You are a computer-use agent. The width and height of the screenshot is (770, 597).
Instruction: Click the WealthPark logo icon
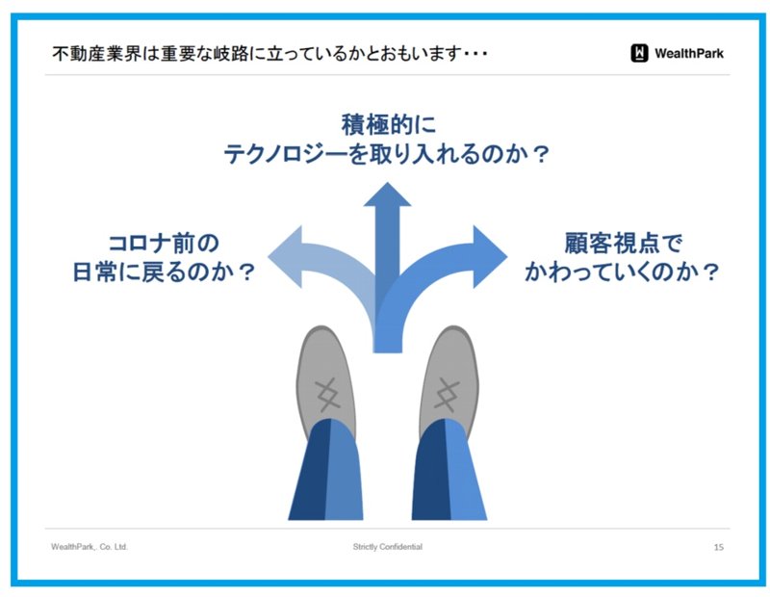639,53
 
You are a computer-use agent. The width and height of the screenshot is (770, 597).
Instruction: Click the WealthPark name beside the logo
689,53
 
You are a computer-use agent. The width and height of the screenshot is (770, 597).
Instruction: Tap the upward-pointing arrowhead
387,195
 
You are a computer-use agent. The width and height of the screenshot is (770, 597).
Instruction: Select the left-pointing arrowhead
285,256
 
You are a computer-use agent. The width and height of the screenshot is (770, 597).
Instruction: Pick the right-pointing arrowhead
490,256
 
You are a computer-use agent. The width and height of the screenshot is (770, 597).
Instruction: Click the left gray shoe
325,378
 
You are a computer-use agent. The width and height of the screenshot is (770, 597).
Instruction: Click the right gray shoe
449,378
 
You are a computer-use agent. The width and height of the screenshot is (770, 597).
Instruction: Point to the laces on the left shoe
327,395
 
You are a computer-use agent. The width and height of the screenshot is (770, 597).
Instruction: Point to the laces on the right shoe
447,395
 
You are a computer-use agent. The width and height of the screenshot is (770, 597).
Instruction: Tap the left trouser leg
326,470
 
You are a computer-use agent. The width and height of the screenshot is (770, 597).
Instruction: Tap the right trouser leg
449,470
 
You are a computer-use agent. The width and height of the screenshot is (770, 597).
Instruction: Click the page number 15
718,547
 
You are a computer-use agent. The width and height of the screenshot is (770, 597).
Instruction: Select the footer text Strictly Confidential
388,546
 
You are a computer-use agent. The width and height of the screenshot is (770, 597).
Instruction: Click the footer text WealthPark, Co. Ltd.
90,546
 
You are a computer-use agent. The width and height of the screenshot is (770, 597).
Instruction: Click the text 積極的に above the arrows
389,124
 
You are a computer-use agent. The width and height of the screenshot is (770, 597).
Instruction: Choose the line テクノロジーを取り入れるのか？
387,154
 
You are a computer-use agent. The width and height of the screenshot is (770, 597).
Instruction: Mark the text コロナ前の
164,244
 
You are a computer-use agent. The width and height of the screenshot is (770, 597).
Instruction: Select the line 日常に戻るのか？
164,272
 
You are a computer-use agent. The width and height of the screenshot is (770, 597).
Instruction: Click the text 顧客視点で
624,244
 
